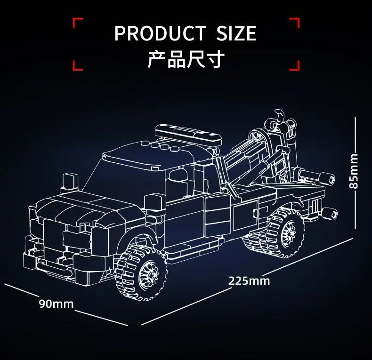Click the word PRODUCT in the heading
[x=160, y=34]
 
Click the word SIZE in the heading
[x=236, y=34]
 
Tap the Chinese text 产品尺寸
[x=186, y=60]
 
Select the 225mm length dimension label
[x=249, y=281]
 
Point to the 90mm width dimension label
[x=56, y=304]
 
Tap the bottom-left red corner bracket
[x=78, y=65]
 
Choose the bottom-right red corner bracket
[x=295, y=65]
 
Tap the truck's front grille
[x=57, y=235]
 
